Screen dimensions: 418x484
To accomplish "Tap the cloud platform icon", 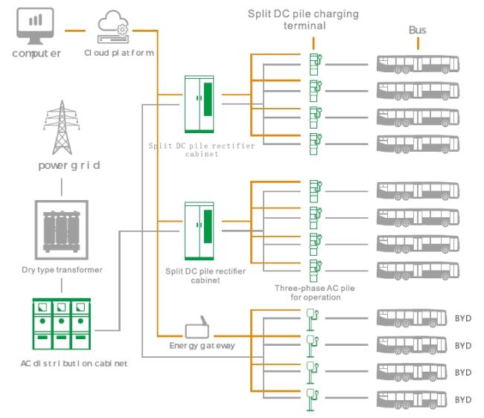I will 115,28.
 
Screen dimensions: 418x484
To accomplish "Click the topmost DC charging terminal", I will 315,62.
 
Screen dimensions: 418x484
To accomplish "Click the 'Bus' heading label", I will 418,30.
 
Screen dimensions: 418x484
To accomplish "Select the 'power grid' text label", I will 69,165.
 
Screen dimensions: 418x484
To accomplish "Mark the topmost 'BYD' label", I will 463,319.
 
